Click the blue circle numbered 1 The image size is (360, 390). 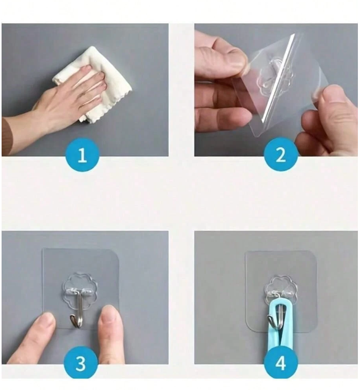[x=82, y=155]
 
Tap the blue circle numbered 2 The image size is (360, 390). [x=280, y=155]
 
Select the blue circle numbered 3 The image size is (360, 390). [x=81, y=363]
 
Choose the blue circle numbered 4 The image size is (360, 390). [x=280, y=363]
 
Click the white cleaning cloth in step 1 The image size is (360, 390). [x=100, y=82]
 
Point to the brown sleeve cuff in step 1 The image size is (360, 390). [x=7, y=136]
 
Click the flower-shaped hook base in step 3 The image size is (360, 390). [x=80, y=290]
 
